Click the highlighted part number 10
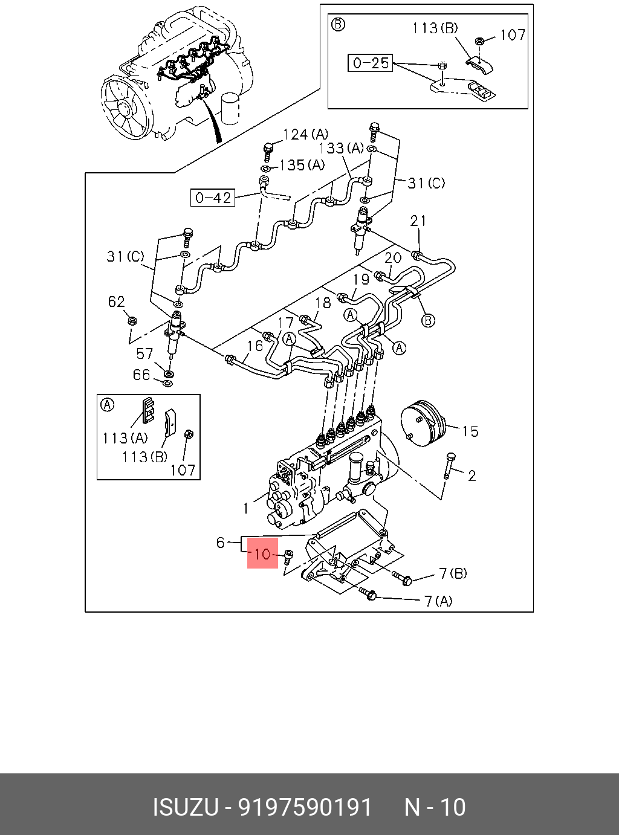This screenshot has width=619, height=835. point(263,553)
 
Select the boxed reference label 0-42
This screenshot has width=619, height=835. point(213,198)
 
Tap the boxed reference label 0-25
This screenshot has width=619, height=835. point(370,63)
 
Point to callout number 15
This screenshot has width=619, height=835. point(470,431)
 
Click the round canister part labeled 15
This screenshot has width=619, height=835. point(422,425)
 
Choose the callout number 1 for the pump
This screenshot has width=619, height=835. point(246,508)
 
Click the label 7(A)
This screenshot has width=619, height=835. point(438,601)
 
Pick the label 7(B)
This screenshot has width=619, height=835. point(453,573)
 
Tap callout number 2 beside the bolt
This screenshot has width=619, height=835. point(472,476)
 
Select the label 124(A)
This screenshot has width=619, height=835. point(305,134)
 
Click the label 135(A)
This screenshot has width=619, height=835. point(302,165)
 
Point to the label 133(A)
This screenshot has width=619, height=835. point(342,148)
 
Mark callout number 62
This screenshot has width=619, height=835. point(116,301)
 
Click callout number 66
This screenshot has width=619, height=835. point(141,375)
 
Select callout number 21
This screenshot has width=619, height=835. point(418,221)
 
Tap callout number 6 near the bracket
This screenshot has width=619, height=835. point(221,543)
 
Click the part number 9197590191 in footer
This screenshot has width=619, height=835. point(305,807)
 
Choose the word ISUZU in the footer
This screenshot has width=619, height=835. point(185,807)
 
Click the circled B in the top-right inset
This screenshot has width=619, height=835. point(339,24)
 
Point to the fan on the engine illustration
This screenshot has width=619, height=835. point(124,109)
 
